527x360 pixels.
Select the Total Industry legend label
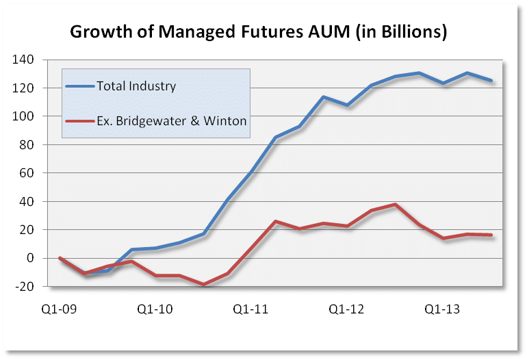136,86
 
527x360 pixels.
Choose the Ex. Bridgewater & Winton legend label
171,122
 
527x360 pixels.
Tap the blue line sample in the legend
81,86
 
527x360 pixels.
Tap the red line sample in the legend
81,122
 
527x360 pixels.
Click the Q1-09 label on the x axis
60,309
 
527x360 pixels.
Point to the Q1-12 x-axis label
347,309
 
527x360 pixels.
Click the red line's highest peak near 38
395,204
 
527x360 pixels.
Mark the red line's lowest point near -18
203,284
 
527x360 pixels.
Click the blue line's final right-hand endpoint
491,81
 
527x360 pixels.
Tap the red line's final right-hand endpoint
491,235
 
